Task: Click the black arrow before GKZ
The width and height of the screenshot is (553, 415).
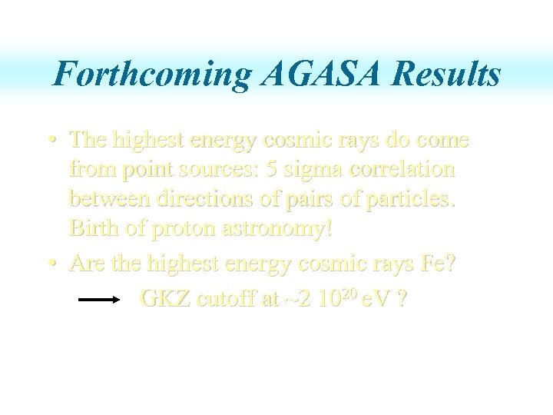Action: pyautogui.click(x=99, y=300)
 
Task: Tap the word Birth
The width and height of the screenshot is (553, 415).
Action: pyautogui.click(x=92, y=228)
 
